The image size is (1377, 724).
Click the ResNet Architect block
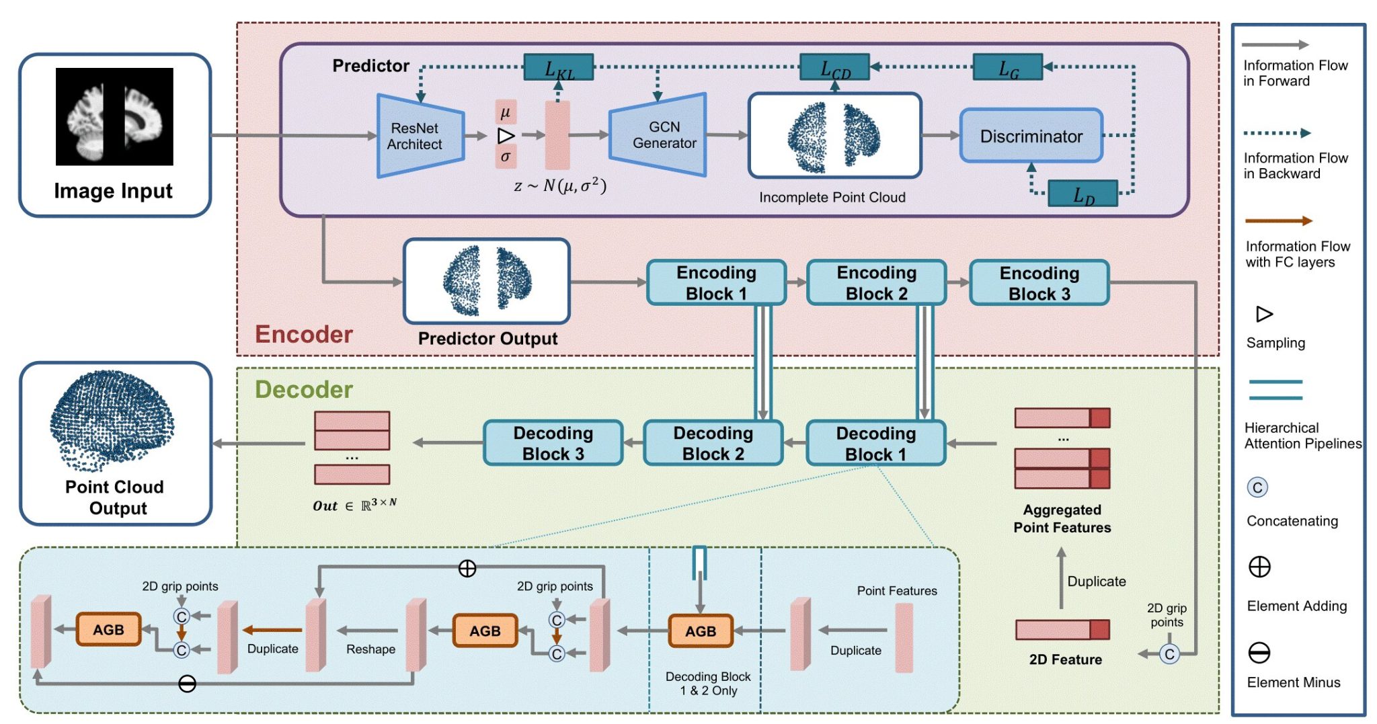[420, 136]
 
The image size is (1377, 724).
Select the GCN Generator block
[658, 135]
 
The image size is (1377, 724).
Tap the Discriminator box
[1031, 136]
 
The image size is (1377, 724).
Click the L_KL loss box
[559, 67]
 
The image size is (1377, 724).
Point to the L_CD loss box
[834, 67]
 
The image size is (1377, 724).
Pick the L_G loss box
[1008, 67]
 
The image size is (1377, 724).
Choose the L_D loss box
[1083, 194]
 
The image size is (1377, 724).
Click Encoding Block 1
[716, 283]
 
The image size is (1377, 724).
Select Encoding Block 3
[1039, 283]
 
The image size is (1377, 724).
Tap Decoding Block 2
[713, 443]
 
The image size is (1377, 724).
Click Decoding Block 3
[553, 443]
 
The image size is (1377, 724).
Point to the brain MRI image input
[114, 116]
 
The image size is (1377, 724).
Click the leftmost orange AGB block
[108, 630]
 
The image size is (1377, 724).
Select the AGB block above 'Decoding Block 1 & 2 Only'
[701, 631]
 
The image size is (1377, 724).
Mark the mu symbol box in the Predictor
[506, 112]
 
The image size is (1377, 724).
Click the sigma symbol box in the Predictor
[506, 157]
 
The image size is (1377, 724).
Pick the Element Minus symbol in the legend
[1259, 653]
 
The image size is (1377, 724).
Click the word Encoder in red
[304, 334]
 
